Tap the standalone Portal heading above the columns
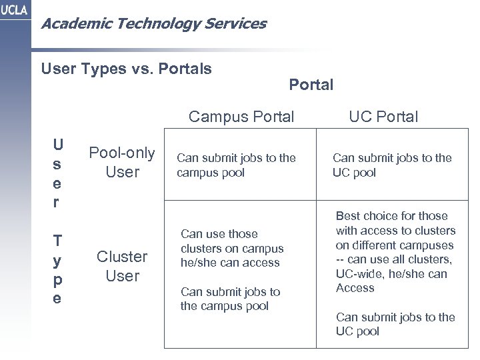coord(311,85)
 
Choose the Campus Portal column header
coord(241,117)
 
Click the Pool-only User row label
coord(123,163)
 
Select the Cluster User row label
coord(123,267)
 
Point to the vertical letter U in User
coord(59,144)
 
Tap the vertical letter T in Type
coord(59,241)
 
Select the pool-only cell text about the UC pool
coord(392,165)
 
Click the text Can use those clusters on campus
coord(232,248)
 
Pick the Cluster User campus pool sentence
coord(231,299)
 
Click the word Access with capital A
coord(355,288)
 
